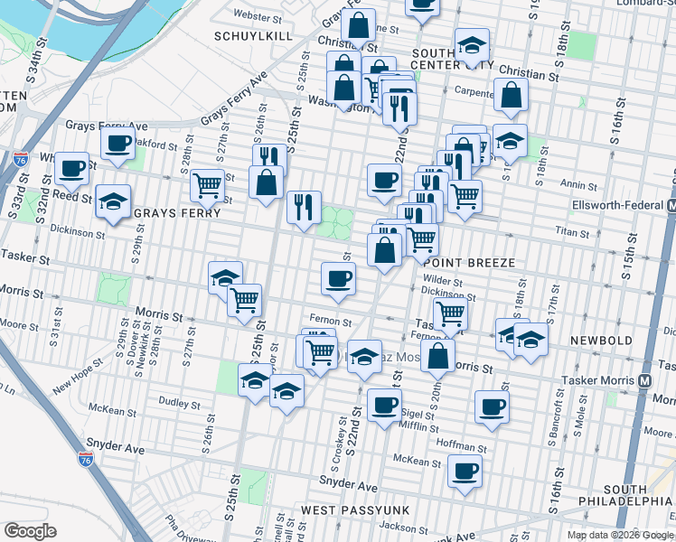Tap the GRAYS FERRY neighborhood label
tap(177, 214)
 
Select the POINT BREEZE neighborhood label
tap(471, 262)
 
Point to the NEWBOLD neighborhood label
tap(601, 341)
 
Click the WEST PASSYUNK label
tap(355, 510)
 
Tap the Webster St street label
tap(252, 16)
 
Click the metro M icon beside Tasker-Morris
tap(645, 380)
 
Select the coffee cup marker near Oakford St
tap(117, 143)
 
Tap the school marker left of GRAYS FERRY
tap(114, 201)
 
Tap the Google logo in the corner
tap(31, 531)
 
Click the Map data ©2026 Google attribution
tap(619, 535)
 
